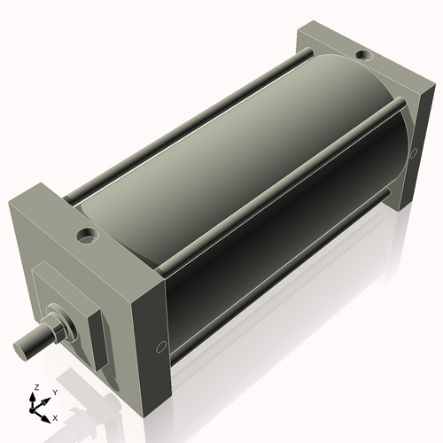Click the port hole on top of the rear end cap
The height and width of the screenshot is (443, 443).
[x=364, y=58]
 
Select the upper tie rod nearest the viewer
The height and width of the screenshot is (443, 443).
[x=284, y=178]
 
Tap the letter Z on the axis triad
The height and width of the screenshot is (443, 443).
[x=36, y=388]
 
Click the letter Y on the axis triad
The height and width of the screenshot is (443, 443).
[x=54, y=392]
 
